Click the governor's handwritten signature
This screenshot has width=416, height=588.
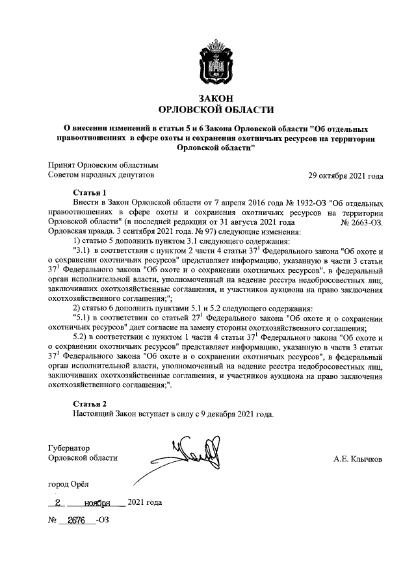tap(195, 453)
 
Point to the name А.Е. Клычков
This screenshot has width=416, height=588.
tap(357, 459)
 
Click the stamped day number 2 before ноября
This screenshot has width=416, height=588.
tap(58, 502)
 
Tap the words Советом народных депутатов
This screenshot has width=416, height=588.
tap(102, 175)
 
